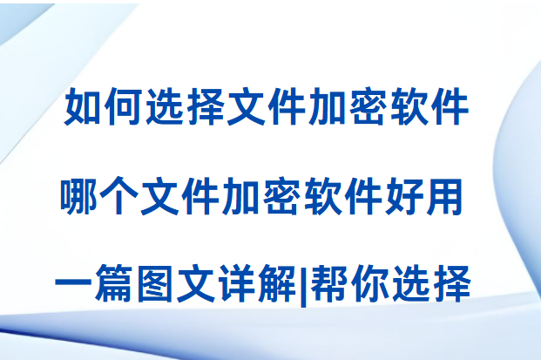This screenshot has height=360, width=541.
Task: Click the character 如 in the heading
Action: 83,106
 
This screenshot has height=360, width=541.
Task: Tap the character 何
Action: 123,106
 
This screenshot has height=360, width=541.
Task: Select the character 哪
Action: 78,196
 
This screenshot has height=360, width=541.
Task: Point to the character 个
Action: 119,196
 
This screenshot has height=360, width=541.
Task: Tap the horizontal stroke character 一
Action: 73,283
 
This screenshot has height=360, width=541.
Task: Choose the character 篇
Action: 114,283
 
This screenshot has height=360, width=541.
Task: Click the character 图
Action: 154,283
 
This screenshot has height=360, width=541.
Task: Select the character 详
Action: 235,283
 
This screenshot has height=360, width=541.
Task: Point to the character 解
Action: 276,283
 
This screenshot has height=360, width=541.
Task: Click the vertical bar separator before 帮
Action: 303,285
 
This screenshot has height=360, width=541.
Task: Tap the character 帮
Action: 328,283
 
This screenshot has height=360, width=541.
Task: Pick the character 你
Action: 369,283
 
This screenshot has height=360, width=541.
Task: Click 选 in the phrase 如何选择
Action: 164,106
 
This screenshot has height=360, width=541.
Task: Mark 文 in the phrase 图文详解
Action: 195,283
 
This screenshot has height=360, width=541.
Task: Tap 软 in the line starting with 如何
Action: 408,106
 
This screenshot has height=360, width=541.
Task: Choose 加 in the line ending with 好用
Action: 241,196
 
